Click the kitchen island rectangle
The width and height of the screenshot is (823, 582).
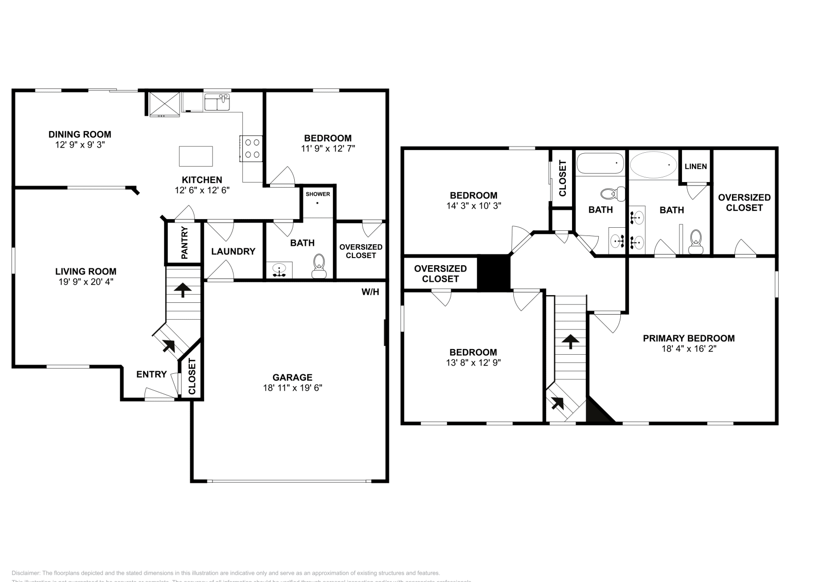pyautogui.click(x=196, y=156)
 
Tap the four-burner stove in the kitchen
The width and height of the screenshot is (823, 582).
pyautogui.click(x=252, y=148)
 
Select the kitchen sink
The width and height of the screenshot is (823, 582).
pyautogui.click(x=217, y=102)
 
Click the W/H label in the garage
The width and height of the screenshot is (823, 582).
pyautogui.click(x=370, y=292)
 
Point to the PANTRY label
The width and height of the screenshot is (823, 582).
pyautogui.click(x=184, y=243)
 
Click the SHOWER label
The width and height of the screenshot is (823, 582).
pyautogui.click(x=318, y=194)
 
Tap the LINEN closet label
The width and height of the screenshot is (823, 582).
pyautogui.click(x=696, y=167)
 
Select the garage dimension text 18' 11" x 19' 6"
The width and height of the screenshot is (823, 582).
pyautogui.click(x=292, y=388)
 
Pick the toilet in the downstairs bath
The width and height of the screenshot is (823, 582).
pyautogui.click(x=319, y=265)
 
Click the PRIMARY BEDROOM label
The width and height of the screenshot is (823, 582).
pyautogui.click(x=689, y=338)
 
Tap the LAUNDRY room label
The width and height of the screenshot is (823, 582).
pyautogui.click(x=233, y=251)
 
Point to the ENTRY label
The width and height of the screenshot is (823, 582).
pyautogui.click(x=151, y=374)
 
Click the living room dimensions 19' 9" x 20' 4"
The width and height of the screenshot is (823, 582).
pyautogui.click(x=86, y=282)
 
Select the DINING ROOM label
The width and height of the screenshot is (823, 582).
pyautogui.click(x=80, y=134)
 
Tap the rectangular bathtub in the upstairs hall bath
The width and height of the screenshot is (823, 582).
pyautogui.click(x=600, y=164)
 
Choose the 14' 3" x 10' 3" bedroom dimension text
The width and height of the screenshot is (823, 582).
pyautogui.click(x=473, y=206)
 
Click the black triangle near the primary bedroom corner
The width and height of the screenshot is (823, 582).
pyautogui.click(x=597, y=412)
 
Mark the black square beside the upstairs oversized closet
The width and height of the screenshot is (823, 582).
pyautogui.click(x=494, y=272)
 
